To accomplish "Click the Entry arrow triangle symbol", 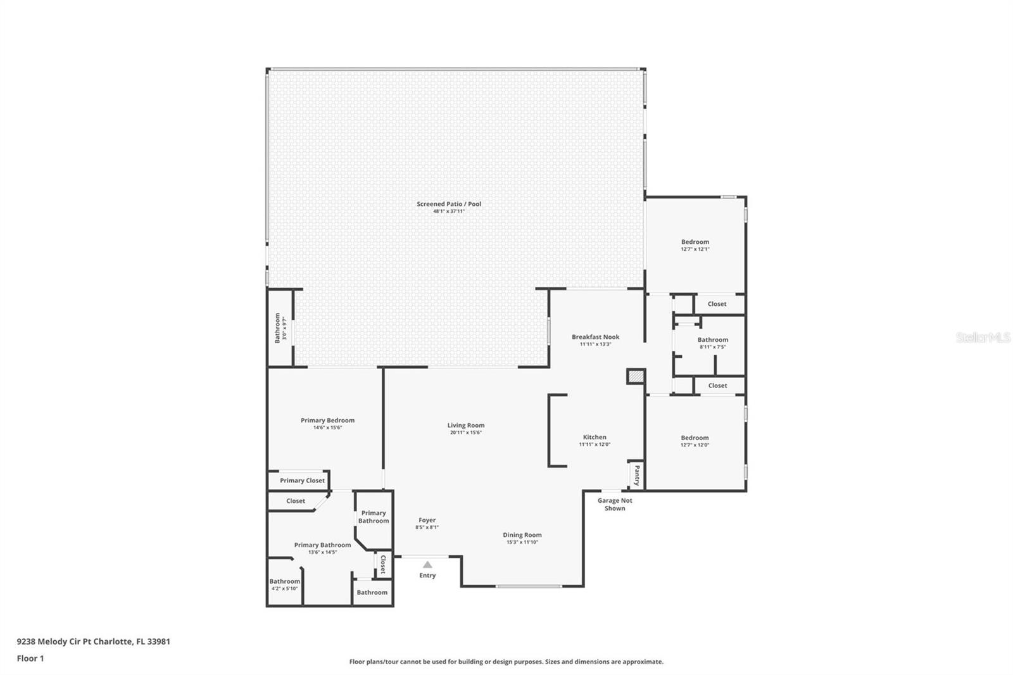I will [x=427, y=565].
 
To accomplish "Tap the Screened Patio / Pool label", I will [x=449, y=204].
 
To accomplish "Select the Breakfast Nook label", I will [x=595, y=337].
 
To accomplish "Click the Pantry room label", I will [x=637, y=476].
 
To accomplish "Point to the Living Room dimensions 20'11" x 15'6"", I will [x=466, y=432].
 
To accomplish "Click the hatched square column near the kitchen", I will [x=635, y=377].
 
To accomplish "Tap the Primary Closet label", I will [x=302, y=481].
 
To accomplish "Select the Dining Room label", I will [x=522, y=535].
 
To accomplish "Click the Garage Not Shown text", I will [x=615, y=504].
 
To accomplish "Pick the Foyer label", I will [x=427, y=520].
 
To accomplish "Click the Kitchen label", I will [x=595, y=437].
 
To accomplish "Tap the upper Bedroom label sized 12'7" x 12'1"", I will [x=695, y=242].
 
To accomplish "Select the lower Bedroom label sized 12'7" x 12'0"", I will [x=695, y=438].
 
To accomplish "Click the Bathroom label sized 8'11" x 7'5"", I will [x=713, y=340].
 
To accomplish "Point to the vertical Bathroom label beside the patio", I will [x=277, y=328].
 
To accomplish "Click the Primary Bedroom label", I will [x=327, y=420].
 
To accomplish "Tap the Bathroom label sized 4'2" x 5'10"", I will [x=285, y=581].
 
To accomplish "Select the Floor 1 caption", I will [x=30, y=659].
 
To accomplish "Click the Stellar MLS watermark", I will [x=983, y=338].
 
